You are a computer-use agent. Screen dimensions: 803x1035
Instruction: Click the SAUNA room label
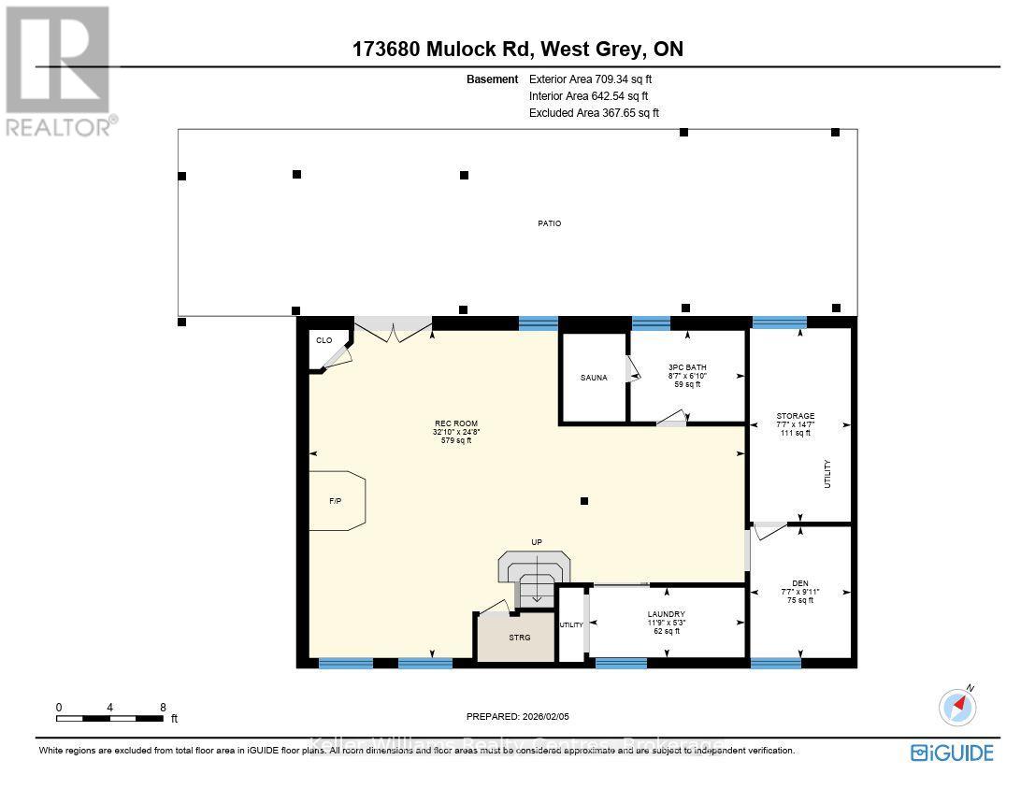593,378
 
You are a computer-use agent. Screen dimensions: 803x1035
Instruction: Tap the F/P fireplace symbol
336,502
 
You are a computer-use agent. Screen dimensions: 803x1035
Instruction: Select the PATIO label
549,223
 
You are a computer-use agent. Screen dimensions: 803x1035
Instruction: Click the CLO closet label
323,340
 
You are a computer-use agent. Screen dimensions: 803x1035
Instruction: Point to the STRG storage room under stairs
519,638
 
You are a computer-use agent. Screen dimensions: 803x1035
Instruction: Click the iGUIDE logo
952,752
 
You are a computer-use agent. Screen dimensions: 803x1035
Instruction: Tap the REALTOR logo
58,71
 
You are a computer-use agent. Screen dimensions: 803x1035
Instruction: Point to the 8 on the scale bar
163,708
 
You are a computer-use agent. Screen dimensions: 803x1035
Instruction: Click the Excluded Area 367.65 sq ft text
594,112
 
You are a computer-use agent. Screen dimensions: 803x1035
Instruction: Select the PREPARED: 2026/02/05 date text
517,717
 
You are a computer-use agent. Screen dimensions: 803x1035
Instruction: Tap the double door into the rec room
393,328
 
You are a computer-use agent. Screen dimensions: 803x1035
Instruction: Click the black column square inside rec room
584,502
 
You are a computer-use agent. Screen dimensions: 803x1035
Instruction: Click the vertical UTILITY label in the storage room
827,474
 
